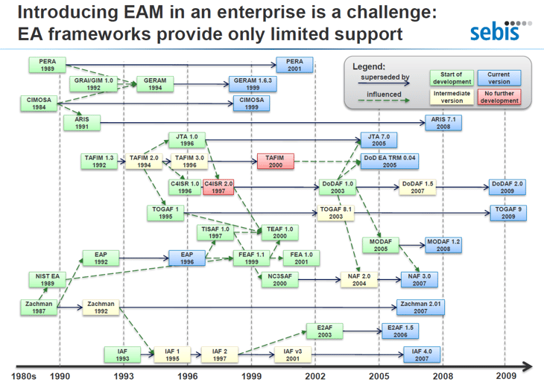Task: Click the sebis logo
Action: pyautogui.click(x=501, y=31)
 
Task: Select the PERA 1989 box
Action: pyautogui.click(x=47, y=65)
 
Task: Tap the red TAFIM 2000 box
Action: pyautogui.click(x=276, y=162)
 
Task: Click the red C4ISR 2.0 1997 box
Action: pyautogui.click(x=218, y=187)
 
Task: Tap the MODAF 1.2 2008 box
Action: pyautogui.click(x=443, y=245)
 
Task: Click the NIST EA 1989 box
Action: pyautogui.click(x=47, y=279)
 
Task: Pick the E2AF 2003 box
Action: pyautogui.click(x=324, y=331)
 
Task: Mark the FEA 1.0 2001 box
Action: pyautogui.click(x=303, y=258)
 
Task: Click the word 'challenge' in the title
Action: pyautogui.click(x=392, y=13)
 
